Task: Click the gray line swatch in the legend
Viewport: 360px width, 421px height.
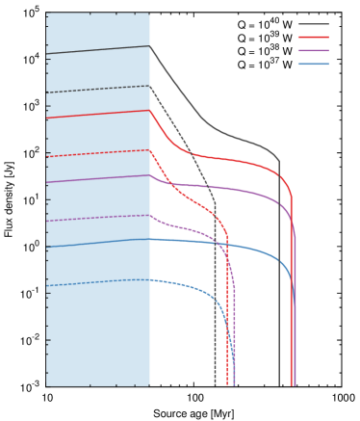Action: (x=313, y=24)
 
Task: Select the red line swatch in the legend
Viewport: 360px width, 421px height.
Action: (x=313, y=37)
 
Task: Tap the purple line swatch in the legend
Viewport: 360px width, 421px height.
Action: (x=313, y=50)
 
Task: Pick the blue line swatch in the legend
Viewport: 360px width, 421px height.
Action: (x=313, y=64)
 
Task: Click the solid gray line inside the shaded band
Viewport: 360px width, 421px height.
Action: (x=96, y=50)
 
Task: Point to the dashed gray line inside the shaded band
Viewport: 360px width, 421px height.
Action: (x=96, y=90)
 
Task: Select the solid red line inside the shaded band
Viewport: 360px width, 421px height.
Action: (x=96, y=114)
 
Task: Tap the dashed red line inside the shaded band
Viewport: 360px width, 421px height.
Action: (x=96, y=153)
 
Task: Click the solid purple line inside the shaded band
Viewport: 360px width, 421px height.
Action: (x=96, y=178)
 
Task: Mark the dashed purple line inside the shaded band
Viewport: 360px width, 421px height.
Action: (x=96, y=218)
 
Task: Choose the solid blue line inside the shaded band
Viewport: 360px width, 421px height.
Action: (x=96, y=243)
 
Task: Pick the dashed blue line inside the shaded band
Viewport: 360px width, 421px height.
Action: (x=96, y=282)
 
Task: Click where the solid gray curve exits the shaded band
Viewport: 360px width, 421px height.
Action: (x=150, y=46)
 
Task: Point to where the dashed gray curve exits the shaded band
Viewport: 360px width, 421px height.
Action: (x=150, y=86)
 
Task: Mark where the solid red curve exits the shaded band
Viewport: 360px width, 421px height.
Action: (x=150, y=110)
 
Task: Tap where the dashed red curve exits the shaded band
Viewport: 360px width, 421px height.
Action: (x=150, y=150)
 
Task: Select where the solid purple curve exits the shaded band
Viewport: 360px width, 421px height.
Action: (x=150, y=175)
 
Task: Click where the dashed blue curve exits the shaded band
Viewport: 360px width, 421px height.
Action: (x=150, y=280)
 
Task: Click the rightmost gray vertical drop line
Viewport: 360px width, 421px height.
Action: (x=279, y=289)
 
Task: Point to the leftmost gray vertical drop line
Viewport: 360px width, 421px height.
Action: (x=215, y=308)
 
